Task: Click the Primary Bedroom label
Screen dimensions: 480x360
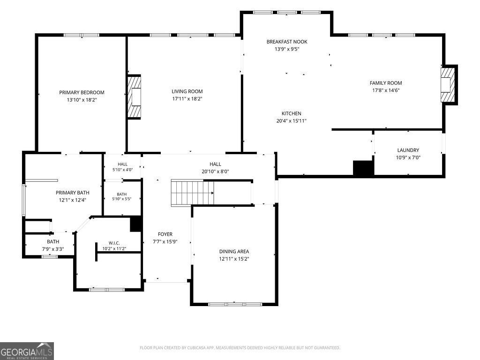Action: coord(82,92)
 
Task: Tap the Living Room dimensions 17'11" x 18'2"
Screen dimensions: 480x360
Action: coord(187,98)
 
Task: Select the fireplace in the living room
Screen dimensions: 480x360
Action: coord(134,97)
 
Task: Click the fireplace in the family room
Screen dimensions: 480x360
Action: coord(449,85)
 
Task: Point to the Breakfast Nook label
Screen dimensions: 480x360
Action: coord(287,42)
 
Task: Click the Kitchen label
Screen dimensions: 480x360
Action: coord(292,113)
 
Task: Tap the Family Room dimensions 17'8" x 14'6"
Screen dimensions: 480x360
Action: coord(386,90)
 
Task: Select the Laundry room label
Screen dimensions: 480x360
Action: coord(408,150)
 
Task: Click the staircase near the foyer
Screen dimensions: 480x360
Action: coord(192,193)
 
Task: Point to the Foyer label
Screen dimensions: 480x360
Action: coord(165,234)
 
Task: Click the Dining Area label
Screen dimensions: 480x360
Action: coord(234,251)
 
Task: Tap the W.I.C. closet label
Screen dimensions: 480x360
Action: coord(114,243)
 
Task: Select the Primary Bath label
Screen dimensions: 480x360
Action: coord(73,193)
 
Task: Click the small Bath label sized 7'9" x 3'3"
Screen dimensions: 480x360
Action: coord(53,241)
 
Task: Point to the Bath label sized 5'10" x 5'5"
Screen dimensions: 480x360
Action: coord(121,194)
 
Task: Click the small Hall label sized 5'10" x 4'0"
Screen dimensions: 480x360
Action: coord(122,164)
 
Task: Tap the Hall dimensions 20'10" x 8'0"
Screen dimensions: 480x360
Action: coord(215,172)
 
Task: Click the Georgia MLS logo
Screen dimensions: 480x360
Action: coord(27,351)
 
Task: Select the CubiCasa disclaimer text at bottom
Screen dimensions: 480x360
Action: coord(240,348)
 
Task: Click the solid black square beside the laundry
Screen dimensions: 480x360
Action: coord(363,168)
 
